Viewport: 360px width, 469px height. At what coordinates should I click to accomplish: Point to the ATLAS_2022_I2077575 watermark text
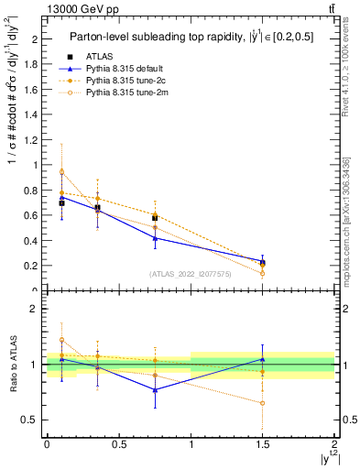(x=191, y=273)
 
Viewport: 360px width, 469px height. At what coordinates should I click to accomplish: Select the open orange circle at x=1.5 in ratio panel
(x=263, y=403)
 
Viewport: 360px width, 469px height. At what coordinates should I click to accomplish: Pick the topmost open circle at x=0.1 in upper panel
(x=61, y=171)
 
